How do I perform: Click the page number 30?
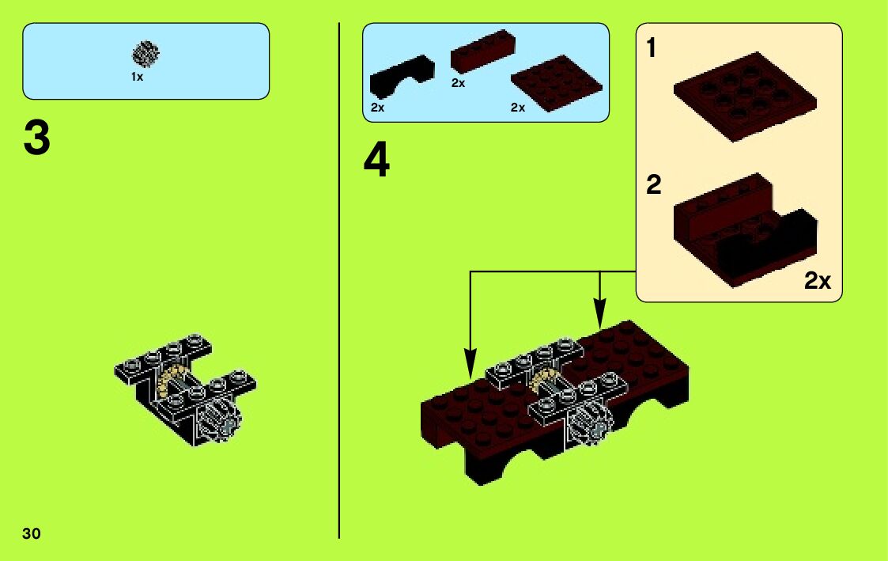32,534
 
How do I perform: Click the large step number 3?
37,138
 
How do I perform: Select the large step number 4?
376,161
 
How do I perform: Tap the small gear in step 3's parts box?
145,54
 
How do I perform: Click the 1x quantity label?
137,77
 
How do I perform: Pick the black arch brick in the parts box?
402,77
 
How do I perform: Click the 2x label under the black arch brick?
377,108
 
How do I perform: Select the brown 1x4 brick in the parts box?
483,51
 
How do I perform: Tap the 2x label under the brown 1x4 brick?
458,83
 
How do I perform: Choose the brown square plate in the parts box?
556,83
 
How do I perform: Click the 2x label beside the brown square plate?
518,108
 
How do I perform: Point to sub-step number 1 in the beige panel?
652,47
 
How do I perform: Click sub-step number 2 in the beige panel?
653,184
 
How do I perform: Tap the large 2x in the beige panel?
817,280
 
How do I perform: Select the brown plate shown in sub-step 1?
745,97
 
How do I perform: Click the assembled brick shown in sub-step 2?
745,230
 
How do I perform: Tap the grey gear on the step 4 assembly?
591,423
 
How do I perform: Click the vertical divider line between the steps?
339,280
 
